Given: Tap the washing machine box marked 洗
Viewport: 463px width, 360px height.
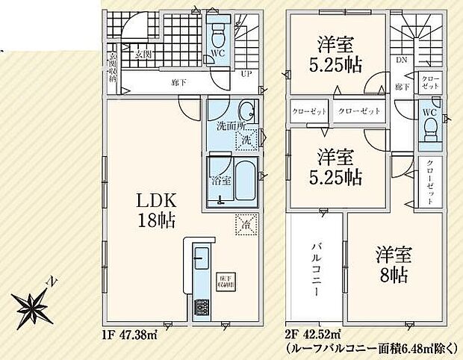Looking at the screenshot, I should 246,139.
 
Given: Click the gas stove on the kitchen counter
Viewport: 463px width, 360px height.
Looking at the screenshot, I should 200,308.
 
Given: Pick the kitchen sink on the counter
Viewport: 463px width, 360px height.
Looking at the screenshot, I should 200,261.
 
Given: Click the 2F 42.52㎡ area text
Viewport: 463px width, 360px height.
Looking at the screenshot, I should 314,332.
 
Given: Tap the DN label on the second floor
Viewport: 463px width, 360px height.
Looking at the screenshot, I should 400,60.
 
